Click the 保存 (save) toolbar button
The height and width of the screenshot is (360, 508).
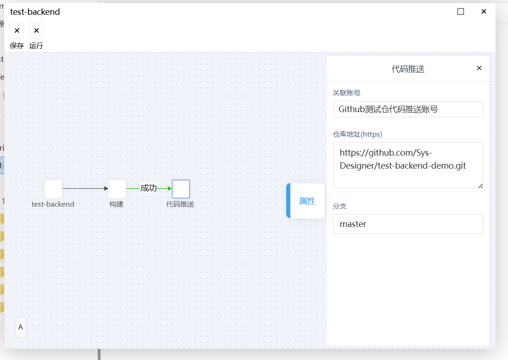[x=17, y=31]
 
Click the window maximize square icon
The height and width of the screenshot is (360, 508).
[x=460, y=12]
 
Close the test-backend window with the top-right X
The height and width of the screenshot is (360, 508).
[x=484, y=12]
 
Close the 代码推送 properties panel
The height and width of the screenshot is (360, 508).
[x=479, y=68]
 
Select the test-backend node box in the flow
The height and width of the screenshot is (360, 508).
[x=53, y=189]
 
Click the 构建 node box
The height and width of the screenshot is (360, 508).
[x=117, y=189]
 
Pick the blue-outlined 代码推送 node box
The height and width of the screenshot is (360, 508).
[x=181, y=189]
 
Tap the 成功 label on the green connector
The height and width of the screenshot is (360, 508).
[x=148, y=188]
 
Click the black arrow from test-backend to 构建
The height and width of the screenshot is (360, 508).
[x=85, y=188]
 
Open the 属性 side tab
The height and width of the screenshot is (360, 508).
[x=306, y=201]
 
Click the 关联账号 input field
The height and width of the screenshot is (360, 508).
[x=408, y=109]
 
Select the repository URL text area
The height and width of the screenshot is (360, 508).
[x=408, y=165]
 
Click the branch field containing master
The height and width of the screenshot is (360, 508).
[x=408, y=224]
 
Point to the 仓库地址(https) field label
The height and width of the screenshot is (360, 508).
[x=357, y=134]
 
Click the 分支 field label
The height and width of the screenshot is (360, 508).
[x=339, y=206]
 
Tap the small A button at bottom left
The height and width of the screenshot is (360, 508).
[x=20, y=327]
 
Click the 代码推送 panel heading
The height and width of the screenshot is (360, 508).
[x=408, y=69]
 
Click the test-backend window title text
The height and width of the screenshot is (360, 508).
[x=35, y=12]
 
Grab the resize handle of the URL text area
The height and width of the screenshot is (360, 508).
[x=481, y=186]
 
